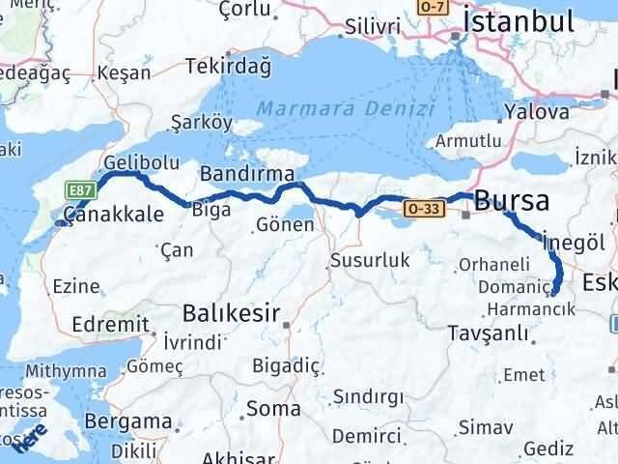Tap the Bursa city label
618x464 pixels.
click(513, 201)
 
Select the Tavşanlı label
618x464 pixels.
click(489, 333)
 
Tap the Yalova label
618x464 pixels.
click(528, 112)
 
